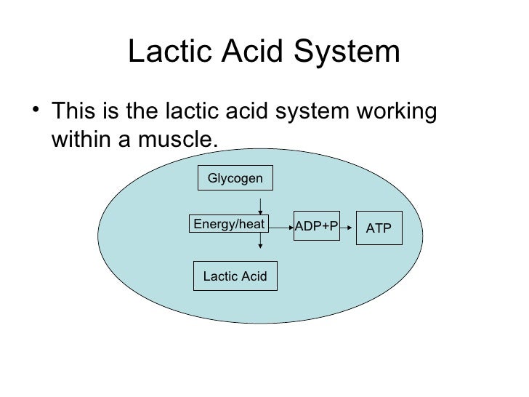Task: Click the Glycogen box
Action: point(235,178)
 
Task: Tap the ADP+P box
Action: point(316,227)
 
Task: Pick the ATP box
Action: point(379,228)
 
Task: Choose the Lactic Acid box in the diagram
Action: point(235,276)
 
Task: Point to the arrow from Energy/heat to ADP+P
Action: point(281,227)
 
